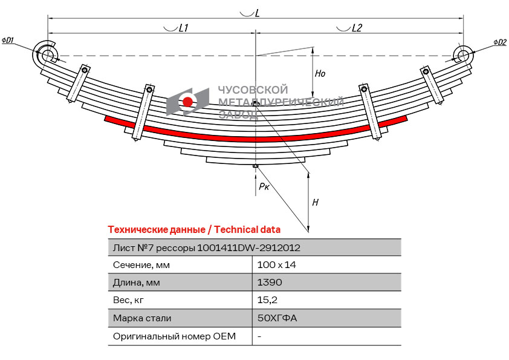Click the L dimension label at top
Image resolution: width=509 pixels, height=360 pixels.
[258, 13]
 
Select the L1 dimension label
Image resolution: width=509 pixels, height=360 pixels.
[184, 28]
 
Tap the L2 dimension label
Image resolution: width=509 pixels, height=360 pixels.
[357, 28]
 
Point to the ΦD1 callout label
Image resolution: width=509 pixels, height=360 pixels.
[8, 41]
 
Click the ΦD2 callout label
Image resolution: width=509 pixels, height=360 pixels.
[499, 42]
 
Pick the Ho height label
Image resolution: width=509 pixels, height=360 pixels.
[320, 73]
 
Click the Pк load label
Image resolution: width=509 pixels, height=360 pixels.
[264, 187]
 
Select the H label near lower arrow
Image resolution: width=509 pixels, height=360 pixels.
[315, 203]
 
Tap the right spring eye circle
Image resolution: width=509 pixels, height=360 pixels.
[464, 55]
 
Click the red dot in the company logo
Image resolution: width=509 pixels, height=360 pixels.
[188, 102]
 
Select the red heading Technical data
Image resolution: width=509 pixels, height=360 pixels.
[194, 230]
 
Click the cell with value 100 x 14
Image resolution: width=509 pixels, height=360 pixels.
[276, 265]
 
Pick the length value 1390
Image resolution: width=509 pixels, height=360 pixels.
[270, 283]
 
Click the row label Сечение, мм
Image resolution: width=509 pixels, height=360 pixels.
[141, 265]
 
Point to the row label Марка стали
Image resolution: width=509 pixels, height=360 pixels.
[142, 318]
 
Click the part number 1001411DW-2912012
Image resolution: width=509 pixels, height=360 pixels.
[248, 247]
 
